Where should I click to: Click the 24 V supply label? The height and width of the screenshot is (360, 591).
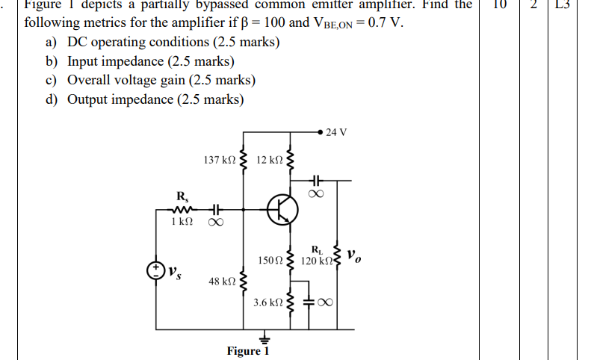point(336,133)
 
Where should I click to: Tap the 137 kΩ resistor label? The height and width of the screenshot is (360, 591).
point(220,160)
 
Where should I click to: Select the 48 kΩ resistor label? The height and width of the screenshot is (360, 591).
point(223,281)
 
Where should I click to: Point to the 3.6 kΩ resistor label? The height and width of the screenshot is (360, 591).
point(267,302)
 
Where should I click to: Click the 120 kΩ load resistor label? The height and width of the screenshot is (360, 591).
point(317,260)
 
